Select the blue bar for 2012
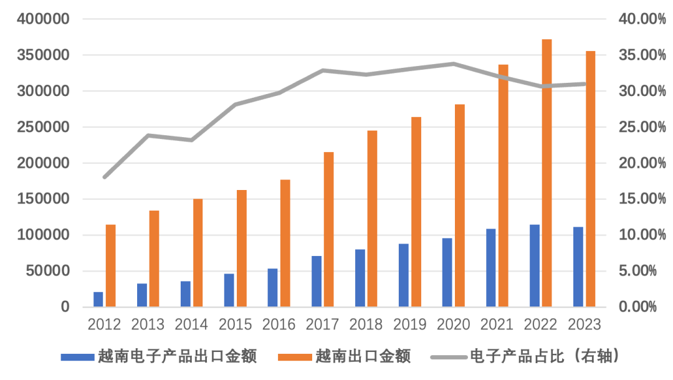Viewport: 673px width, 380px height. [98, 299]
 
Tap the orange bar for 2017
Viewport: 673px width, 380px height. [328, 229]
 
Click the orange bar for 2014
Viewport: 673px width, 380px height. [198, 253]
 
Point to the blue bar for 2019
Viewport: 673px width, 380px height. [404, 275]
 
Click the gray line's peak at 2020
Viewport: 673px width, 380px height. [453, 64]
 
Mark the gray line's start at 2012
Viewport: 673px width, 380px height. [104, 178]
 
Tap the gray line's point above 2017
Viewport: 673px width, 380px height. [323, 70]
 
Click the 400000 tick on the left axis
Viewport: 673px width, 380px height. [43, 19]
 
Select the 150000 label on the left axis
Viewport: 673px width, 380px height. [43, 199]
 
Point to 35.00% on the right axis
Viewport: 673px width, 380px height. [642, 55]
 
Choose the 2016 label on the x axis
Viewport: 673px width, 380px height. [279, 325]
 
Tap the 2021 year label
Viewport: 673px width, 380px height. [497, 325]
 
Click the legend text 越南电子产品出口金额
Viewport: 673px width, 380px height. [177, 356]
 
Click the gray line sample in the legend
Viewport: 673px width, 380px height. [448, 357]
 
